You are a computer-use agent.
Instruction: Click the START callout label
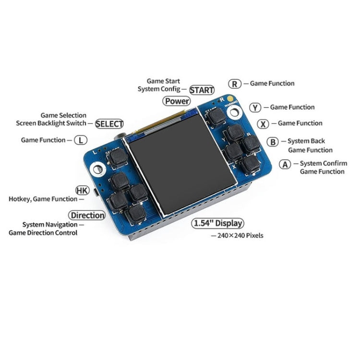click(x=202, y=90)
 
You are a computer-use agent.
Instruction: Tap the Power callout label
click(x=177, y=101)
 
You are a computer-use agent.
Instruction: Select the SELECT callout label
click(x=109, y=124)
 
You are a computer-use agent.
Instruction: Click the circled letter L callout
click(x=81, y=140)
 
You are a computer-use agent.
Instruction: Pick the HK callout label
click(x=83, y=191)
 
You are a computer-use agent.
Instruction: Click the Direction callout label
click(x=87, y=216)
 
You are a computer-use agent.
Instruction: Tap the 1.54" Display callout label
click(x=217, y=223)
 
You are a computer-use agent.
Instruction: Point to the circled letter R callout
click(x=235, y=84)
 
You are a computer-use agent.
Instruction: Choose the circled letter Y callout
click(x=255, y=108)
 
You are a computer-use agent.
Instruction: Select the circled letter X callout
click(x=263, y=124)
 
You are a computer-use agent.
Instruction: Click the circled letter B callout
click(x=273, y=142)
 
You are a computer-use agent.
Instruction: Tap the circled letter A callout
click(x=285, y=164)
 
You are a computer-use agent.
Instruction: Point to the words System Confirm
click(x=323, y=164)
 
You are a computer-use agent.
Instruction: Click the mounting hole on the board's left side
click(x=98, y=169)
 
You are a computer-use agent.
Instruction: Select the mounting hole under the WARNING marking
click(x=234, y=113)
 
